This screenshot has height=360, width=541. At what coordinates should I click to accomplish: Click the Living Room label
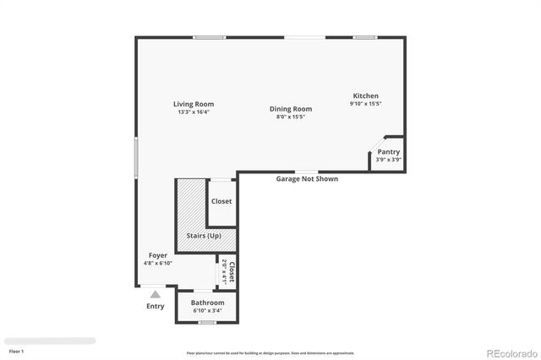(x=194, y=104)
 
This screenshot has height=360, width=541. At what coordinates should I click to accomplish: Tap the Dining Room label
(x=291, y=109)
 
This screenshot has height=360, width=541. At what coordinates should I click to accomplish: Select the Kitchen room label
(x=365, y=95)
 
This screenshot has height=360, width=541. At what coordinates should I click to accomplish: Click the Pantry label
(x=388, y=151)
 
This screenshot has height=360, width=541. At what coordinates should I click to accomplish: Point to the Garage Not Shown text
(x=307, y=179)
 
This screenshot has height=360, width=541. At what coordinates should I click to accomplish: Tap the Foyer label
(x=158, y=254)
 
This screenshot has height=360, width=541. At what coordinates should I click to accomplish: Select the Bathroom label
(x=207, y=303)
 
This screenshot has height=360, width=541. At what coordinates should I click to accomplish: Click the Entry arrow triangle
(x=155, y=294)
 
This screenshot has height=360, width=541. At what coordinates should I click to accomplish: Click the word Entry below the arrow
(x=155, y=306)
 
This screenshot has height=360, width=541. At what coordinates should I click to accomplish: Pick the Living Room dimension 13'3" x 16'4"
(x=194, y=112)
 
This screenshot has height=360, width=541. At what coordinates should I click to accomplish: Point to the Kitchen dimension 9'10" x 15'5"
(x=365, y=104)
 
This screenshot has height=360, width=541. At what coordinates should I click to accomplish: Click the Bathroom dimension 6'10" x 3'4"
(x=207, y=310)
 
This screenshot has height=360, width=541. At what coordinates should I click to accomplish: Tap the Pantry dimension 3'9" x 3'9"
(x=388, y=159)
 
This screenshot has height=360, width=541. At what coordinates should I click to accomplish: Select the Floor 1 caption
(x=16, y=350)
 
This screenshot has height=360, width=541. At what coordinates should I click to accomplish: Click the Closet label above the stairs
(x=221, y=201)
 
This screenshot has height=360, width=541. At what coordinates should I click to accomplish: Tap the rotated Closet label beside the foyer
(x=231, y=271)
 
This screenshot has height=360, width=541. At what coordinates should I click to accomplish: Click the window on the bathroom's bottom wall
(x=207, y=322)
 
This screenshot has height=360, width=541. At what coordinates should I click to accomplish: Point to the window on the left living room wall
(x=136, y=157)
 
